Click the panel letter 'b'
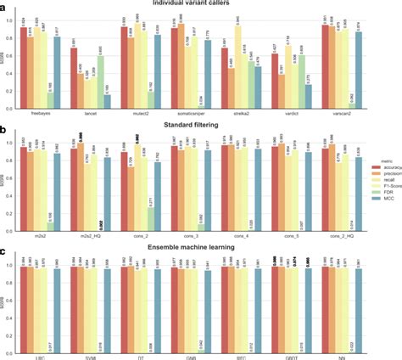(x=6, y=131)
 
